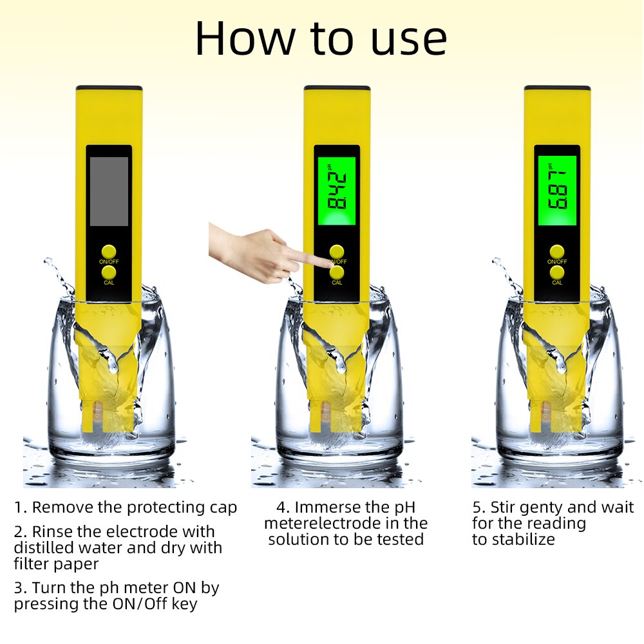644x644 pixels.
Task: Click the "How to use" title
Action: point(321,39)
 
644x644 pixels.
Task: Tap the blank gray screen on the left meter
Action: point(109,191)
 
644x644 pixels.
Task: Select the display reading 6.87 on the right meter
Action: point(557,191)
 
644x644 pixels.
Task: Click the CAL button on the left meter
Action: point(108,272)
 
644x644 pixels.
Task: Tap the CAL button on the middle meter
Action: point(337,272)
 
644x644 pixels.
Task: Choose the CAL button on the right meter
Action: point(557,272)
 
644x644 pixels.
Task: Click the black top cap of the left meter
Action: point(109,88)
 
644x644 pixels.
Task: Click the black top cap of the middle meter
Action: point(337,88)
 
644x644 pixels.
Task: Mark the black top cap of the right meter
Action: point(557,88)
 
